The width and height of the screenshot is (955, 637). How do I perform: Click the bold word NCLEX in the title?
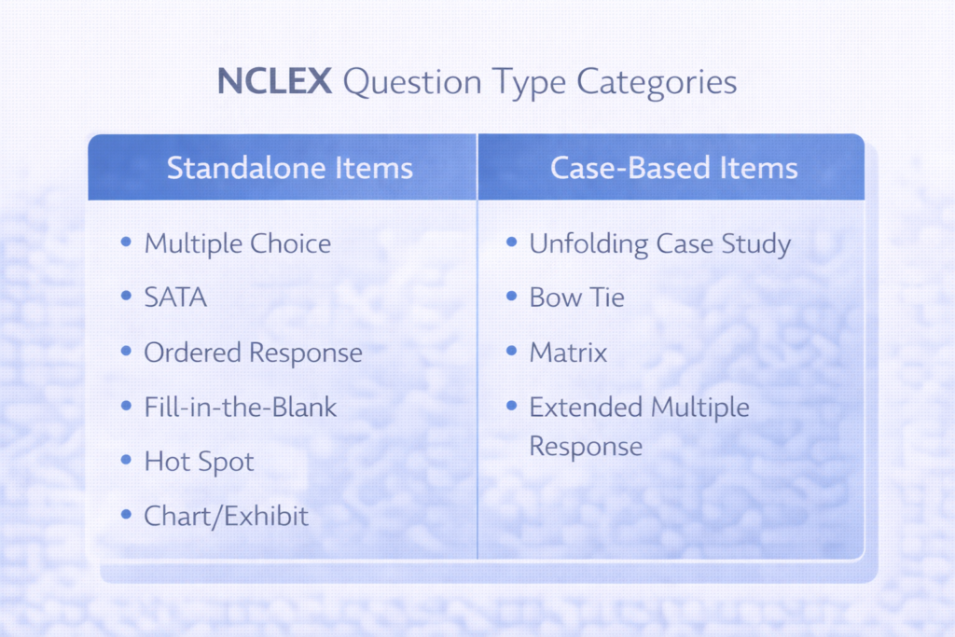(274, 82)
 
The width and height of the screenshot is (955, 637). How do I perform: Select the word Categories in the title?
(657, 82)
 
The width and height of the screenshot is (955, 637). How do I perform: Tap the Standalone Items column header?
(289, 168)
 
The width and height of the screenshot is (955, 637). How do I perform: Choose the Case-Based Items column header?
(673, 168)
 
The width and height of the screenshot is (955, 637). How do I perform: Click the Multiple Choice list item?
(237, 244)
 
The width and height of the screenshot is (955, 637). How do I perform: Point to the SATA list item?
(175, 298)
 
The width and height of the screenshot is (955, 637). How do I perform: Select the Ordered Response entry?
(253, 353)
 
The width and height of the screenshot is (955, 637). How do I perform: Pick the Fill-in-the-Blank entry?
(240, 407)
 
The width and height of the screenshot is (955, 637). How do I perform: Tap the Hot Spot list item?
(199, 461)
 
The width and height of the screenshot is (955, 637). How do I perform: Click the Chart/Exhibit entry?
(226, 515)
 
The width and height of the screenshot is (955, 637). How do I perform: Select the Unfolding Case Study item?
(660, 244)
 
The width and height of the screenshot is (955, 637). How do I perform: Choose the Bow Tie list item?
(576, 298)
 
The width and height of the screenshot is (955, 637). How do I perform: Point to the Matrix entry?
(568, 353)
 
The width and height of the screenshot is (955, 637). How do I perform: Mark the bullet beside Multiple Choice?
(127, 243)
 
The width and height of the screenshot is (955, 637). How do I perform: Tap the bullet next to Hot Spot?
(127, 460)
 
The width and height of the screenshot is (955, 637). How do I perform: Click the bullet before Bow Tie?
(512, 298)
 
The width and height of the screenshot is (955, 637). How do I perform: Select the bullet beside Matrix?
(512, 352)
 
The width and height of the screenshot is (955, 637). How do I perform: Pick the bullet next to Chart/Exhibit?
(127, 514)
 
